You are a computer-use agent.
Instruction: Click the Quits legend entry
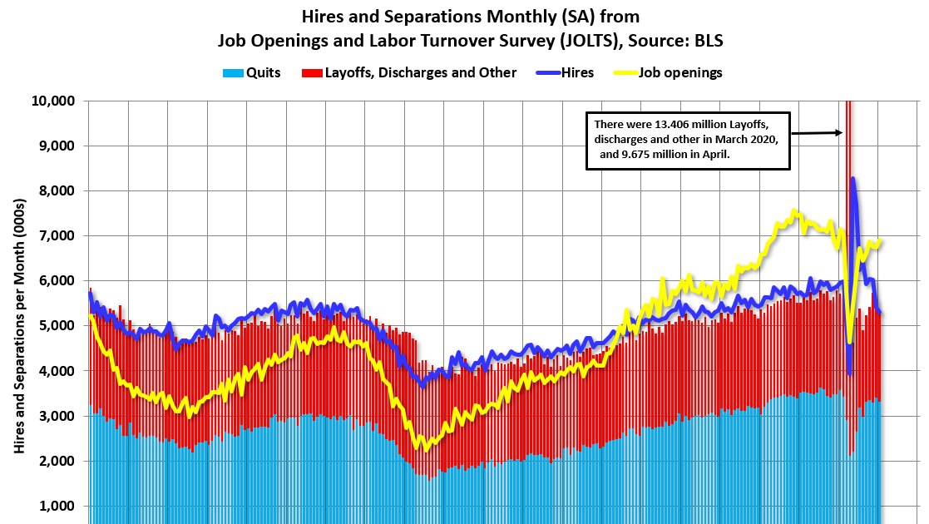pyautogui.click(x=252, y=72)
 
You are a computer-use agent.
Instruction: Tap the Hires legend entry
pyautogui.click(x=565, y=72)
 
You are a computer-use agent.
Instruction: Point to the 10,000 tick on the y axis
pyautogui.click(x=52, y=101)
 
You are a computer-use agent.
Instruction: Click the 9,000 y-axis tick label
pyautogui.click(x=55, y=146)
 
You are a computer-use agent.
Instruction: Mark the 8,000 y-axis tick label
pyautogui.click(x=55, y=190)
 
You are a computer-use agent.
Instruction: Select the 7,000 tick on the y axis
pyautogui.click(x=55, y=235)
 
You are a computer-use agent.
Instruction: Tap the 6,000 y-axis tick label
pyautogui.click(x=55, y=280)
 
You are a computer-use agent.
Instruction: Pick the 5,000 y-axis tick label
pyautogui.click(x=55, y=325)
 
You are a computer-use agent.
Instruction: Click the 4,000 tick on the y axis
pyautogui.click(x=55, y=370)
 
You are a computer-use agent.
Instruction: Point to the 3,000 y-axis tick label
pyautogui.click(x=55, y=415)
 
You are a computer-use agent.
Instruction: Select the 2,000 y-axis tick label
pyautogui.click(x=55, y=461)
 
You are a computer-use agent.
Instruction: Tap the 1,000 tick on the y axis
pyautogui.click(x=55, y=506)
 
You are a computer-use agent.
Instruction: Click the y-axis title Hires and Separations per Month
pyautogui.click(x=18, y=320)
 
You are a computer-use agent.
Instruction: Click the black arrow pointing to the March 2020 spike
pyautogui.click(x=815, y=132)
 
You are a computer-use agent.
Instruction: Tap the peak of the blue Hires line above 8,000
pyautogui.click(x=852, y=178)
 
